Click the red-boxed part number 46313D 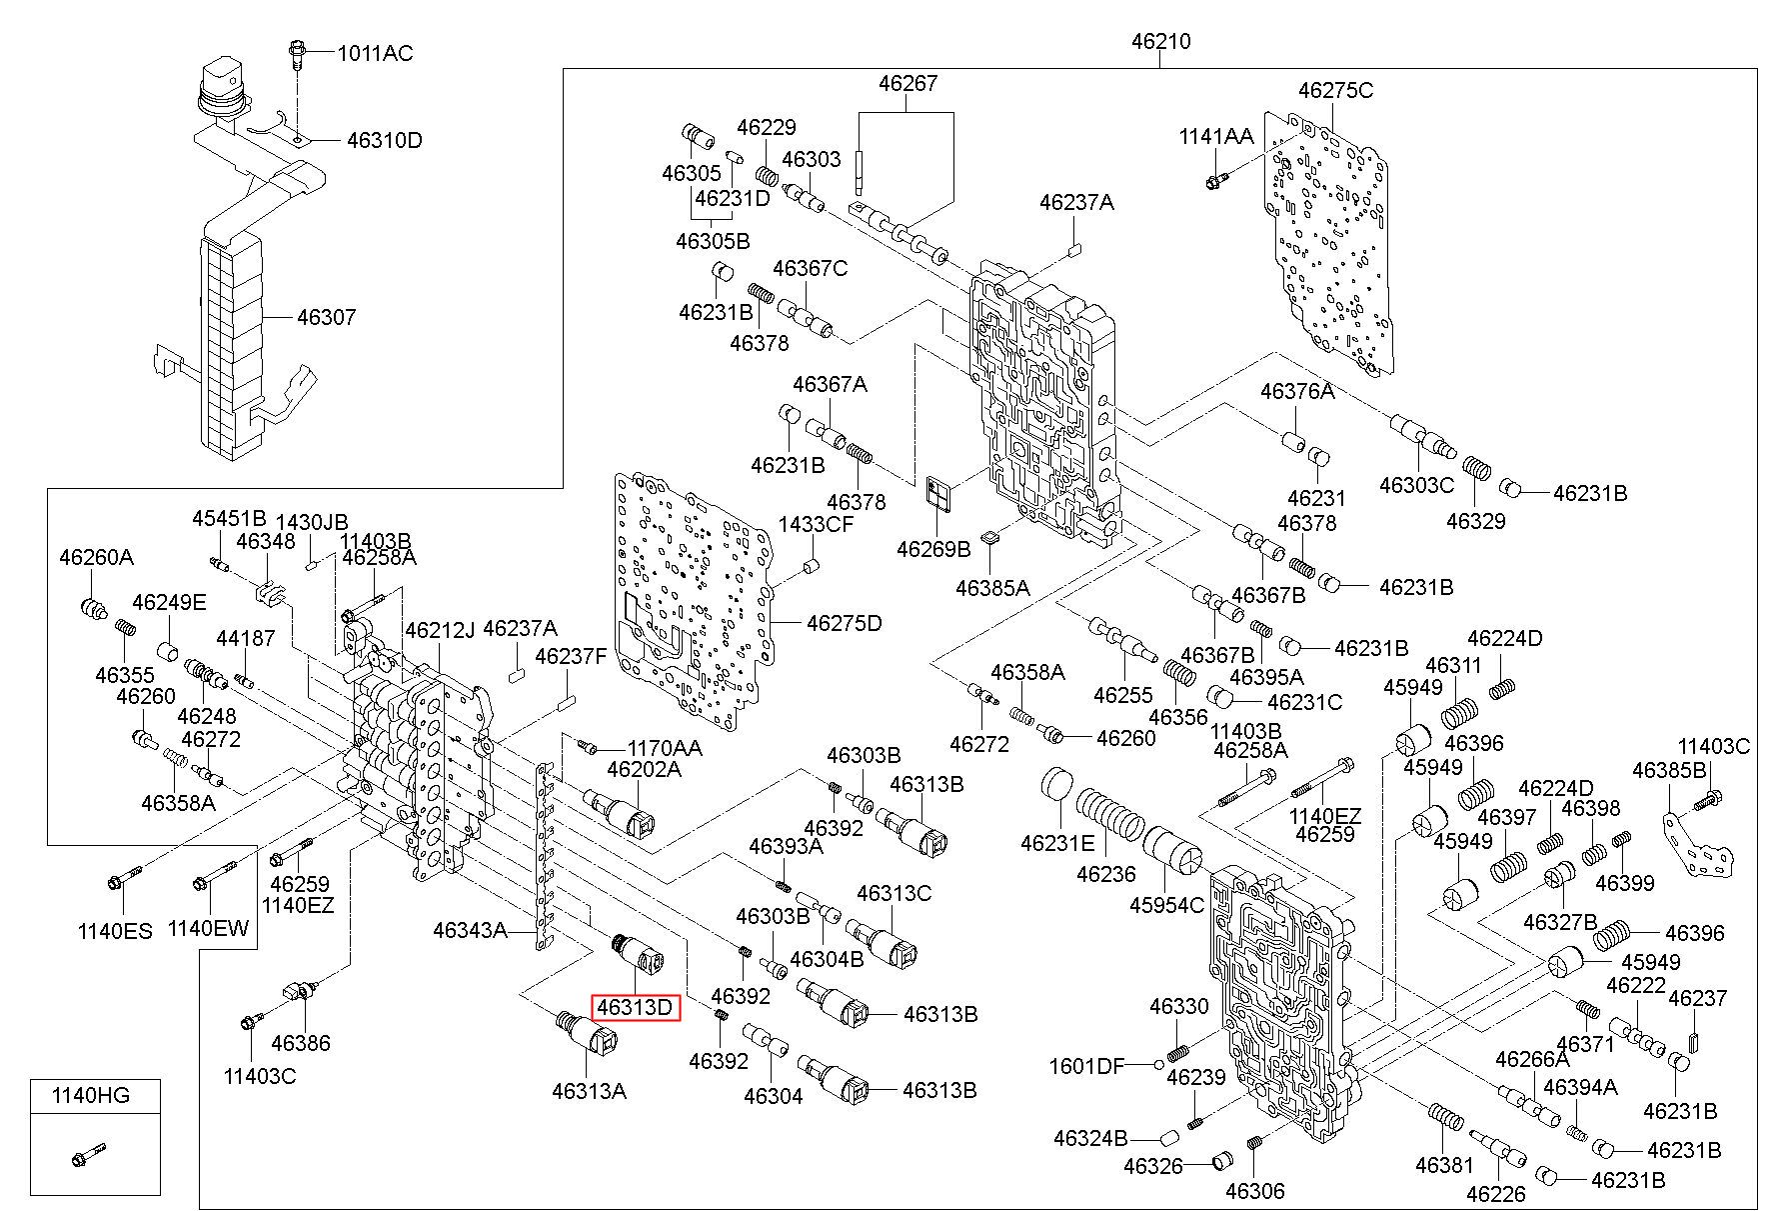tap(636, 1007)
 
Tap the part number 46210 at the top tap(1160, 42)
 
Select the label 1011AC tap(375, 53)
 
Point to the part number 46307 tap(326, 317)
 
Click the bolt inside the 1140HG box tap(89, 1154)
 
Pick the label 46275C tap(1336, 90)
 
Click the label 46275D tap(845, 623)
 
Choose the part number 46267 tap(908, 83)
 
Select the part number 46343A tap(470, 930)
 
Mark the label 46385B tap(1669, 770)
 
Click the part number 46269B tap(933, 549)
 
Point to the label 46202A tap(645, 769)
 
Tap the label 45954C tap(1167, 904)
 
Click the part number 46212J tap(440, 630)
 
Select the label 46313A tap(589, 1090)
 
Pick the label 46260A tap(96, 557)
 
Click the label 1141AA tap(1215, 136)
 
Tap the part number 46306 tap(1254, 1191)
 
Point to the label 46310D tap(385, 140)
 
